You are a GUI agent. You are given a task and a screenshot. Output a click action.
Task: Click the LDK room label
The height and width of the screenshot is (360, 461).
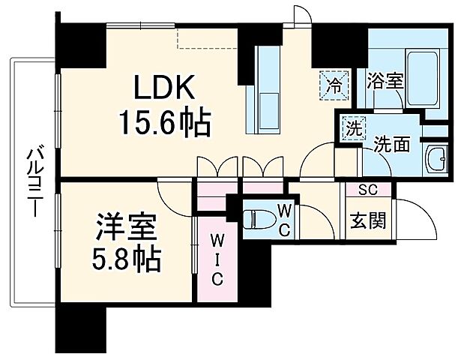click(x=166, y=88)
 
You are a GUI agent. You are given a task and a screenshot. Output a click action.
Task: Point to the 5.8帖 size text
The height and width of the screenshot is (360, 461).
click(x=126, y=259)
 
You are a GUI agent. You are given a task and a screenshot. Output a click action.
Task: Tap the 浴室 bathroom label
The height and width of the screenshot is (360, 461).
click(x=386, y=79)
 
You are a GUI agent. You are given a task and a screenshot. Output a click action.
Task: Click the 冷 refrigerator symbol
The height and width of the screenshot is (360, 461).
click(x=335, y=84)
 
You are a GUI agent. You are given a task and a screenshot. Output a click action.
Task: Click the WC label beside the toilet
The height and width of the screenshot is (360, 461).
click(x=285, y=219)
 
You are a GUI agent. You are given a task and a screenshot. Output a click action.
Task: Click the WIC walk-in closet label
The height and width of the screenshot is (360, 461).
click(x=215, y=259)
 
